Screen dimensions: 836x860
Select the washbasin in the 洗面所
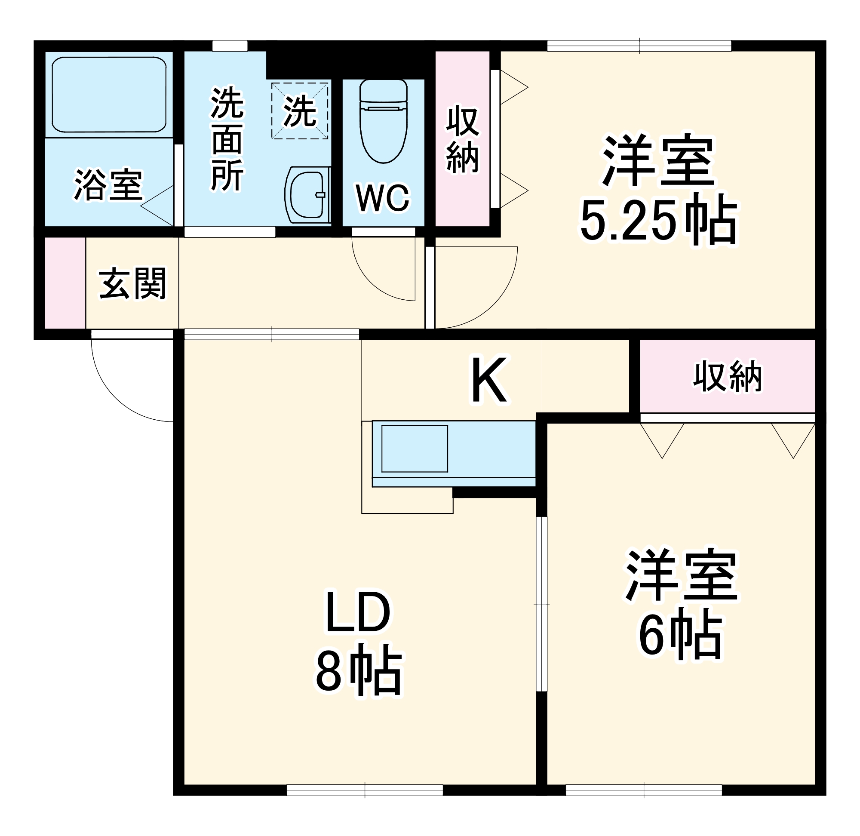[x=308, y=194]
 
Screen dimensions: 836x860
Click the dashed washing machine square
[x=300, y=111]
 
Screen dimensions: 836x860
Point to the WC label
[x=383, y=198]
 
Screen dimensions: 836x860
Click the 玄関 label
[x=132, y=283]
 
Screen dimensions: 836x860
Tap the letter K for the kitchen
[x=489, y=380]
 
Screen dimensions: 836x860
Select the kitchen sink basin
[x=415, y=448]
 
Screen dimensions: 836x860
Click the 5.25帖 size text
[x=659, y=222]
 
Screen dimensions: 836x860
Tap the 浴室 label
[x=108, y=184]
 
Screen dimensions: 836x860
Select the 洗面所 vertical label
[x=227, y=140]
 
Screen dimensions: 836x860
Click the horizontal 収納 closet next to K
[x=727, y=376]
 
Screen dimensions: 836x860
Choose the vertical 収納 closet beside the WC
[x=462, y=139]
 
